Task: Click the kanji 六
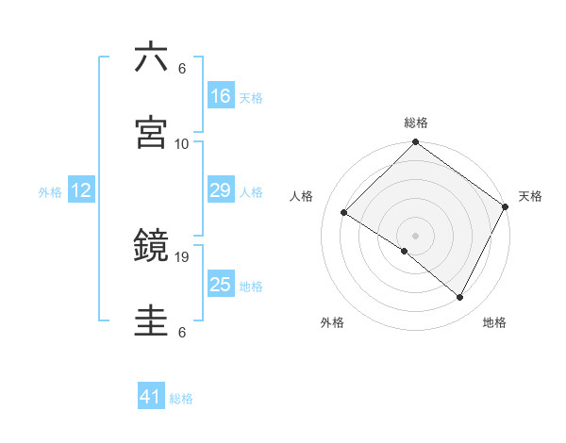152,57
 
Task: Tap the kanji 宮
152,133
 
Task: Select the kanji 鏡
152,247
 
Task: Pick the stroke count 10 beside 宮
182,143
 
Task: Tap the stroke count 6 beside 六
182,68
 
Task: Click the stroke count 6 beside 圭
182,332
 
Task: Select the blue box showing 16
221,96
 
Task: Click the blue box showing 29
221,190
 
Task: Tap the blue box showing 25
221,285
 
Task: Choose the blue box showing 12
81,190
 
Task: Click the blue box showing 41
151,398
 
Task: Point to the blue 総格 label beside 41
181,399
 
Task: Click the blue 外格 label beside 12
50,191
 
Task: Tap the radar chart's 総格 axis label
416,123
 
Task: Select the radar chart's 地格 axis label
494,322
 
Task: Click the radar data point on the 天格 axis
506,206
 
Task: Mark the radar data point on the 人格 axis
344,213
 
